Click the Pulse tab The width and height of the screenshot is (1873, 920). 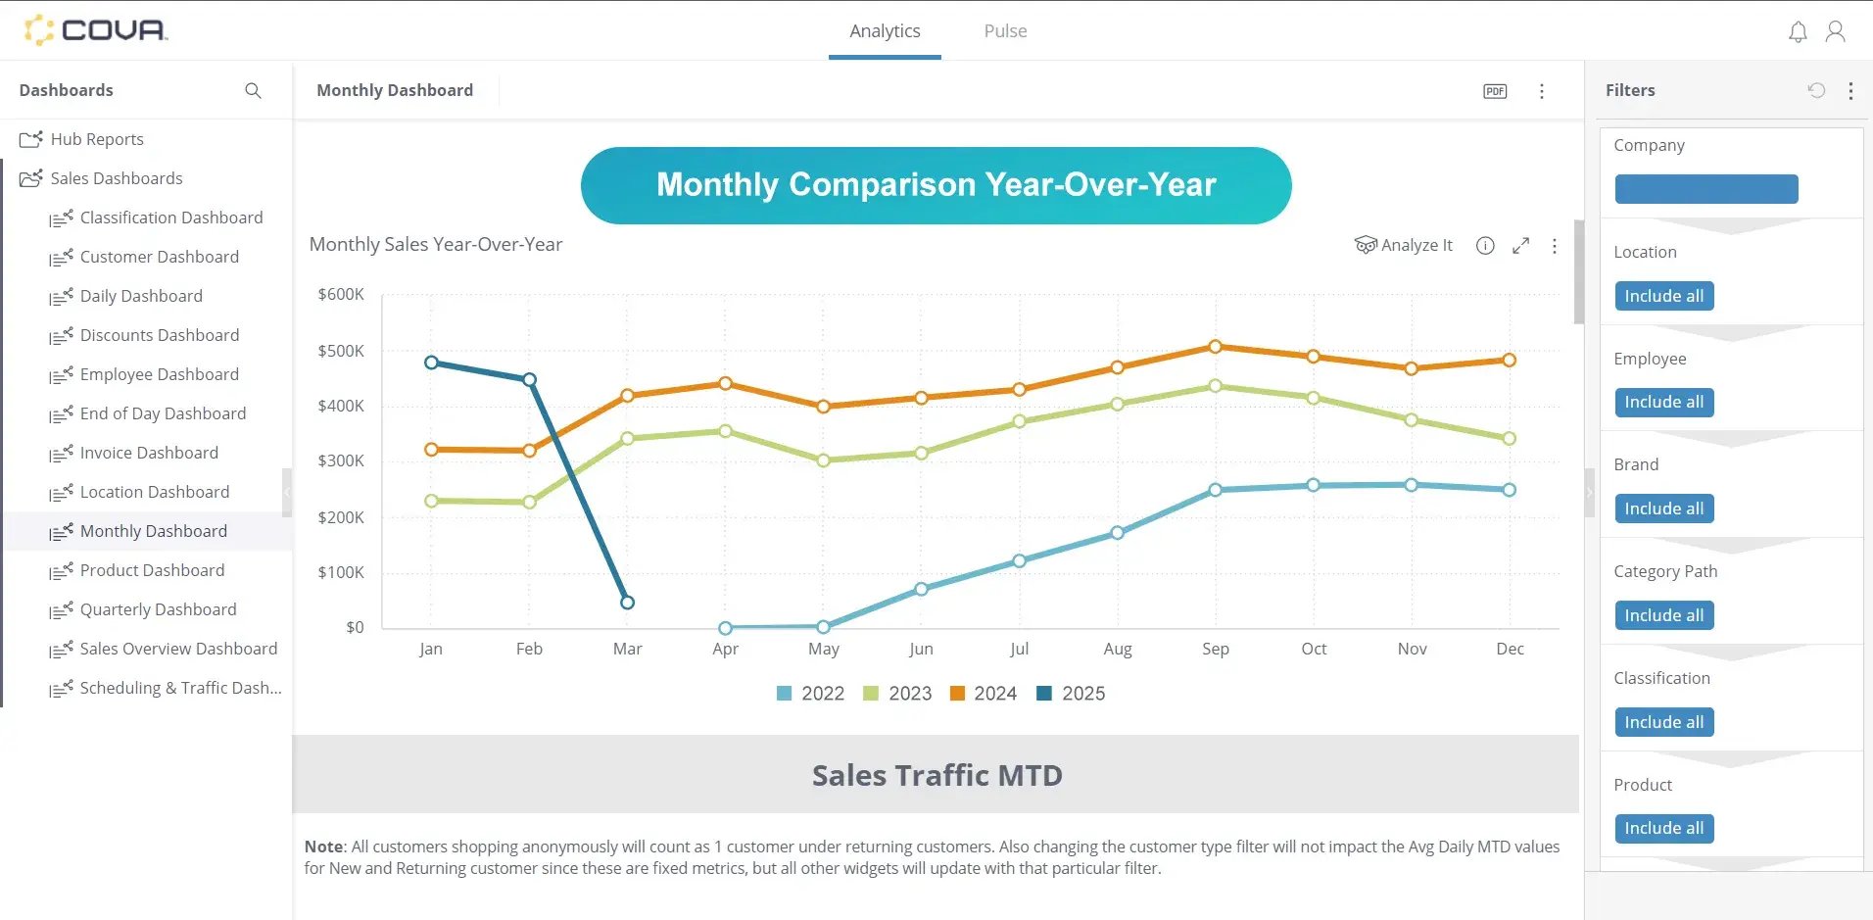(1005, 31)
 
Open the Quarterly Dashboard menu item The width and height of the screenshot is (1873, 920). (158, 609)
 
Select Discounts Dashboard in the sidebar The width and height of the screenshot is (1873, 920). (159, 335)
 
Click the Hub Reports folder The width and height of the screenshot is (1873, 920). (96, 139)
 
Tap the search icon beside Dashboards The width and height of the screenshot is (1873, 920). (253, 91)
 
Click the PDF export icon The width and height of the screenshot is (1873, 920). (1495, 91)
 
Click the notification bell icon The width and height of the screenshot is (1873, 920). (1798, 32)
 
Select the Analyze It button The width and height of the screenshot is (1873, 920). (1404, 245)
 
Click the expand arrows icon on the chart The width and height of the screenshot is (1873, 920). (1520, 246)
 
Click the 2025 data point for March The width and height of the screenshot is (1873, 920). (628, 603)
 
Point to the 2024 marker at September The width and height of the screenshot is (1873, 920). (1216, 347)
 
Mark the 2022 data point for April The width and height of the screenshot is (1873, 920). (725, 628)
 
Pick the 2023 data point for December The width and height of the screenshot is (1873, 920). (1510, 439)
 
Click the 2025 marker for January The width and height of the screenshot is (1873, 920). (431, 363)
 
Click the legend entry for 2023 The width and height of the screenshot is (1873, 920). (897, 694)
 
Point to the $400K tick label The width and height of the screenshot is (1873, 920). (340, 406)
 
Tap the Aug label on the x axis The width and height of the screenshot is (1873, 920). (1118, 649)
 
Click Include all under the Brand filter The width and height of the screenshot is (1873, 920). (1663, 508)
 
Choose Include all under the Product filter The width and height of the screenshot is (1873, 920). (1663, 828)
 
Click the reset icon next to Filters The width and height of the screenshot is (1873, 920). (1816, 90)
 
